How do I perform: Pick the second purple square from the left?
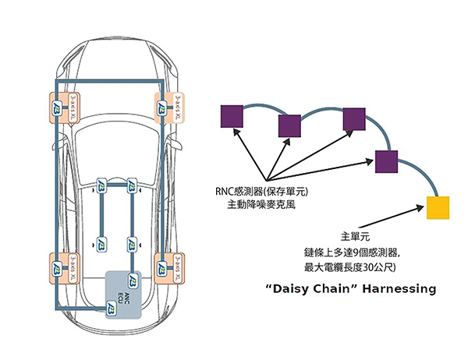point(289,125)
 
